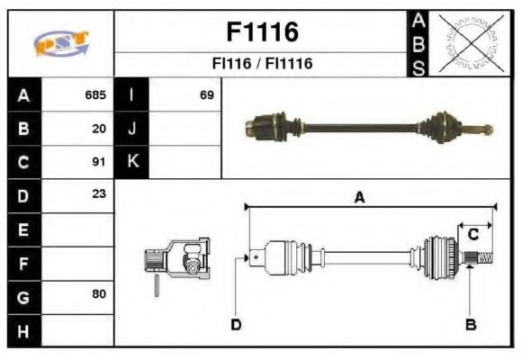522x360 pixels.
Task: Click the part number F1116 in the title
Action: (x=261, y=32)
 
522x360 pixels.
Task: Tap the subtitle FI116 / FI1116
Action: (x=261, y=64)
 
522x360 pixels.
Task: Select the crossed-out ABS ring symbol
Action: (x=471, y=42)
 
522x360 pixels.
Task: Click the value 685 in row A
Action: (x=95, y=94)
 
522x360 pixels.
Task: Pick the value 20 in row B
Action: (x=99, y=129)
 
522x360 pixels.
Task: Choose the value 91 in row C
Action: (x=99, y=162)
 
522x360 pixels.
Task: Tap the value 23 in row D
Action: (x=99, y=193)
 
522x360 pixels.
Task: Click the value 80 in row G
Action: (x=99, y=295)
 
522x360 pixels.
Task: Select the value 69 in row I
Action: (x=206, y=94)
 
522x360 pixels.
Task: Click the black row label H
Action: (x=23, y=330)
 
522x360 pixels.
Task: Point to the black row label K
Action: (x=132, y=162)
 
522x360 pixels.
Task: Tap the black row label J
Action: (x=132, y=129)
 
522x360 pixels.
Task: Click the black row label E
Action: (x=23, y=229)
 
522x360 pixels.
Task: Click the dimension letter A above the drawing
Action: (x=358, y=198)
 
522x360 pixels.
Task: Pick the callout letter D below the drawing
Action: (x=236, y=324)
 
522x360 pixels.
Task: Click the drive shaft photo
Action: (x=369, y=127)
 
